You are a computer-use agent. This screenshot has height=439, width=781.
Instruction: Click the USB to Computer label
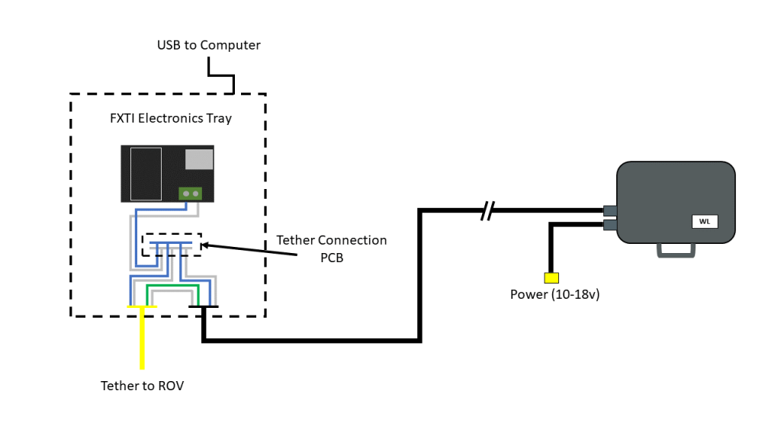(x=208, y=45)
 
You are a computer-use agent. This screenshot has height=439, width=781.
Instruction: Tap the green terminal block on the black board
(x=191, y=194)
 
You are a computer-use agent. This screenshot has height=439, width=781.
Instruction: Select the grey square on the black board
(x=198, y=159)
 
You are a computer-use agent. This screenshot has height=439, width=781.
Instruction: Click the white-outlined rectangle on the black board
(x=146, y=174)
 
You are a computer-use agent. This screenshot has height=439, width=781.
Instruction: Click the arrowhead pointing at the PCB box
(x=205, y=245)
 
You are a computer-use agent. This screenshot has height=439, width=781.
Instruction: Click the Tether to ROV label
(x=142, y=386)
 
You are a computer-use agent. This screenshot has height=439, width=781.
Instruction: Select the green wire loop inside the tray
(x=172, y=288)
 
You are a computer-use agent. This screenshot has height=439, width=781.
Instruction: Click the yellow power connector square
(x=551, y=277)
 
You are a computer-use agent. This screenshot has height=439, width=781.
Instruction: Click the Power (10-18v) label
(x=554, y=294)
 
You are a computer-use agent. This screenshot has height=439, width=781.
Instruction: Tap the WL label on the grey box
(x=704, y=222)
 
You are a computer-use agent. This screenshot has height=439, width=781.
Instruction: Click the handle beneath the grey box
(x=677, y=249)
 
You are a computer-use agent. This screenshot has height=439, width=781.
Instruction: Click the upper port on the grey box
(x=609, y=210)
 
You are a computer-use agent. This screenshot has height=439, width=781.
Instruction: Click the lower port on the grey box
(x=609, y=225)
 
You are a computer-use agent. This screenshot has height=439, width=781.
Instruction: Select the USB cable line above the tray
(x=221, y=75)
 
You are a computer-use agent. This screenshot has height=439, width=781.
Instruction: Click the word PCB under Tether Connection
(x=332, y=258)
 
